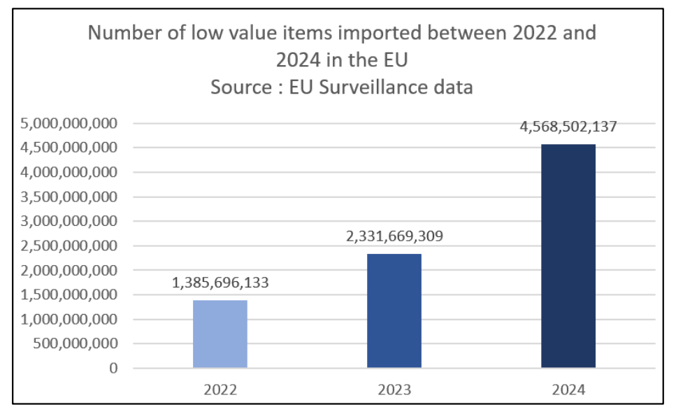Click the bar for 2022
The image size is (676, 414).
220,334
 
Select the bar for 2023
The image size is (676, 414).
394,310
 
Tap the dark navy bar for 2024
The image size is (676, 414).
568,256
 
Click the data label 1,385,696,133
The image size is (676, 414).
220,284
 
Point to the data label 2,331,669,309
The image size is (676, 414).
394,236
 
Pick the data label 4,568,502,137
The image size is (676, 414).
568,127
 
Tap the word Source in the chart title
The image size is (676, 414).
242,88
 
